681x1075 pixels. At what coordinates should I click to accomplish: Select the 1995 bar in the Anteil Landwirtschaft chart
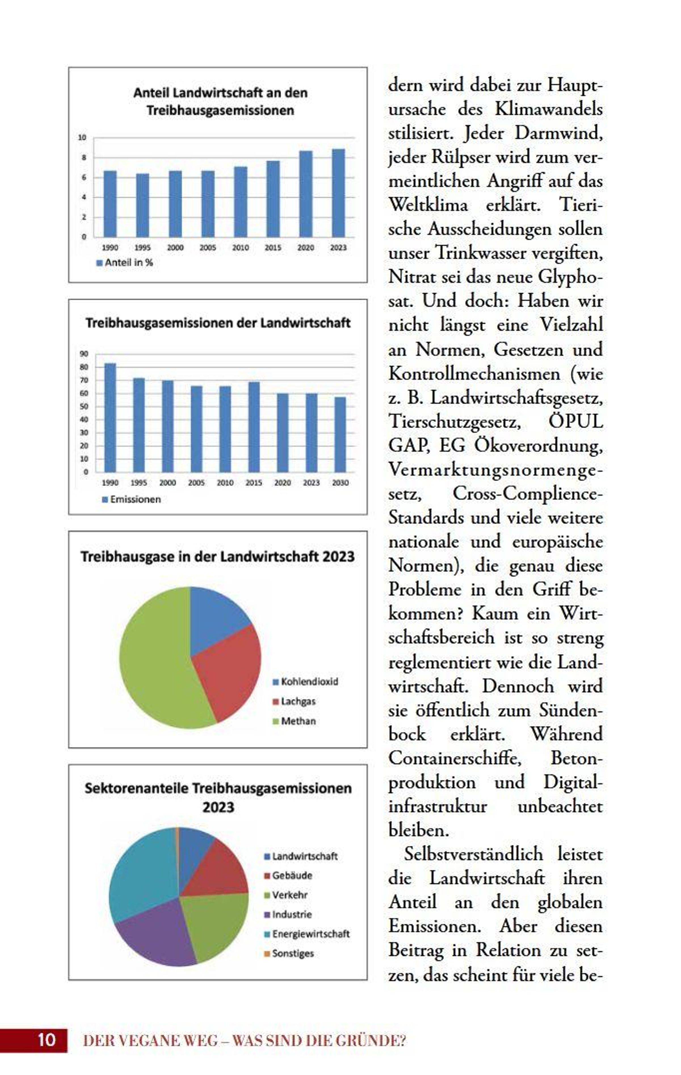tap(142, 205)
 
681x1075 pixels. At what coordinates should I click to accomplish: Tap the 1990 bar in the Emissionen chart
tap(110, 417)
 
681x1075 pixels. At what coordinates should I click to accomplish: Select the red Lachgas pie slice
tap(228, 670)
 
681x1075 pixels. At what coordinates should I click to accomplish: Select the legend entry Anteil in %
tap(129, 263)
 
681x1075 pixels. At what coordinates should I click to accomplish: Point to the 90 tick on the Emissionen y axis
tap(84, 354)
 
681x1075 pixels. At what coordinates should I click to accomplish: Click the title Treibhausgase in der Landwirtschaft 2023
tap(218, 557)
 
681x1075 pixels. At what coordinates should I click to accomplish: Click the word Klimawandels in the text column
tap(548, 109)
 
